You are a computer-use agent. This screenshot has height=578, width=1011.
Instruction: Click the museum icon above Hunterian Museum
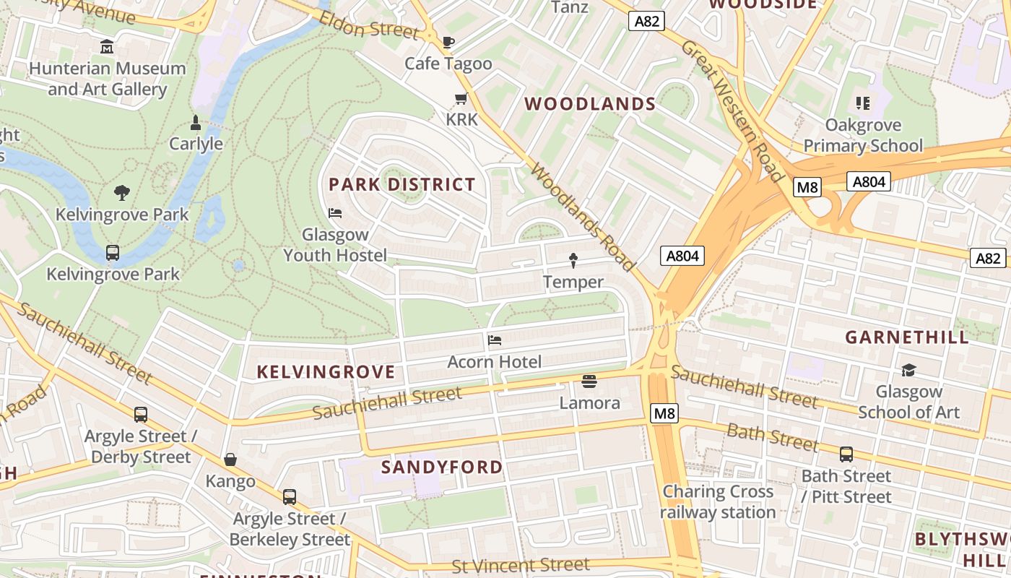click(x=107, y=47)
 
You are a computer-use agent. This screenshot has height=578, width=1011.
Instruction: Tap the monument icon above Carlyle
click(x=195, y=122)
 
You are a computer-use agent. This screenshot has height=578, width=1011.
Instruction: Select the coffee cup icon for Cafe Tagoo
click(x=448, y=42)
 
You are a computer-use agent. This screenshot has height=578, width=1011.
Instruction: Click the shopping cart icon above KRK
click(x=461, y=98)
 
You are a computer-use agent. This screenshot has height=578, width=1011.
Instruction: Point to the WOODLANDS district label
click(x=590, y=104)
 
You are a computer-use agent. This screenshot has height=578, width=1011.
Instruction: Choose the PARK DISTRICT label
click(x=402, y=184)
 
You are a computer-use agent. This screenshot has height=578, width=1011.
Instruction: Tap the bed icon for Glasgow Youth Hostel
click(x=335, y=213)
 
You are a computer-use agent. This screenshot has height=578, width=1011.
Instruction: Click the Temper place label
click(x=573, y=282)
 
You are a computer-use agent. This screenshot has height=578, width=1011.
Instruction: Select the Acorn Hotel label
click(x=494, y=361)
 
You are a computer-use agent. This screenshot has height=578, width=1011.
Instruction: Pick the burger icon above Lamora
click(x=589, y=381)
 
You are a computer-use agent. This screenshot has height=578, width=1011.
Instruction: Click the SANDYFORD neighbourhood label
click(x=441, y=467)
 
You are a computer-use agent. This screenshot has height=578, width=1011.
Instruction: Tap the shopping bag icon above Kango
click(x=230, y=460)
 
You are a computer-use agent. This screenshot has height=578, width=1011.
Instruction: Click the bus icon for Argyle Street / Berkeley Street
click(x=290, y=497)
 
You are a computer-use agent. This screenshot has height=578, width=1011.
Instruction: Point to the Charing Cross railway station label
click(x=718, y=501)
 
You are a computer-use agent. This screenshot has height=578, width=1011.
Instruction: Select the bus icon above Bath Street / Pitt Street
click(x=846, y=454)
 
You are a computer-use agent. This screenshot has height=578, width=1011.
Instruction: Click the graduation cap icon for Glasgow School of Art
click(x=908, y=371)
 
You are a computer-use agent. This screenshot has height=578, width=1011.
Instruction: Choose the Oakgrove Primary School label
click(x=863, y=135)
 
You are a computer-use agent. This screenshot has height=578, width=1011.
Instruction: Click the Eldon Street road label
click(x=370, y=25)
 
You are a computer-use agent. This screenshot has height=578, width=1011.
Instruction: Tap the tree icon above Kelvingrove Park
click(x=122, y=193)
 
